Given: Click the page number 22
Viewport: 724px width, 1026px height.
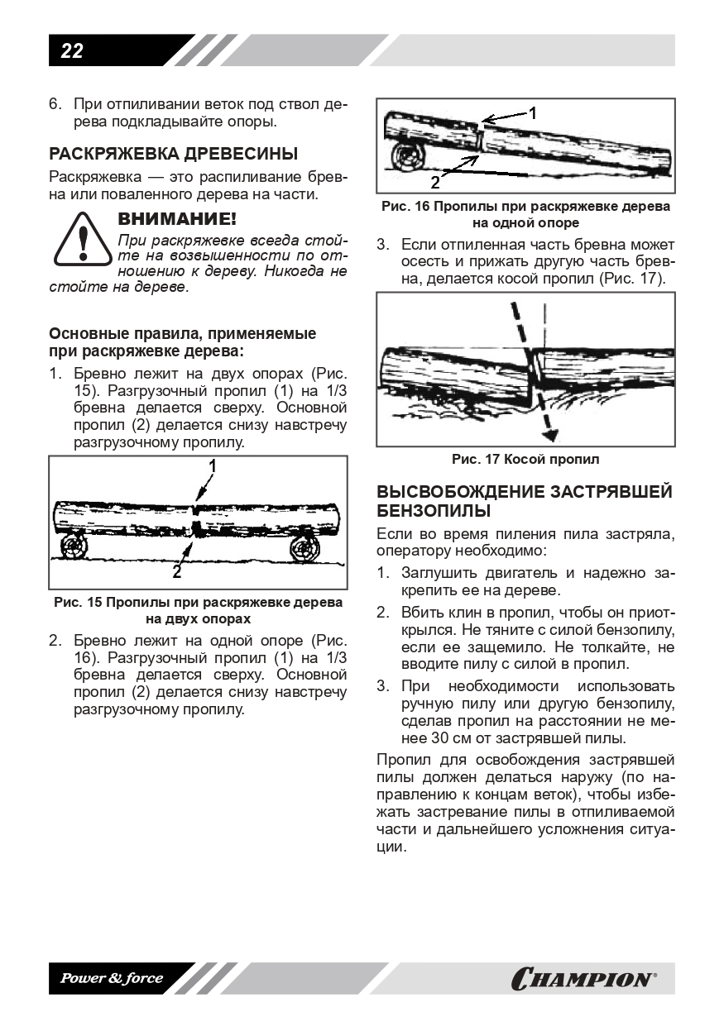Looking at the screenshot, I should click(x=72, y=51).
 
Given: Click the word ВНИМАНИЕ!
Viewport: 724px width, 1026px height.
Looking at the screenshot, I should click(x=177, y=220).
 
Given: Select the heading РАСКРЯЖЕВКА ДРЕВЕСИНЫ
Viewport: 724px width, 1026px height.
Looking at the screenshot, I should click(x=174, y=154).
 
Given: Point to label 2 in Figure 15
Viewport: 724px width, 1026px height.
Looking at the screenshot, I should click(x=177, y=570).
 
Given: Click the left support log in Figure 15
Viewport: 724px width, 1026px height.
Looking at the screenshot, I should click(x=74, y=546).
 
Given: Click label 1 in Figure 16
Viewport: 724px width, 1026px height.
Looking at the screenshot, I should click(x=533, y=113).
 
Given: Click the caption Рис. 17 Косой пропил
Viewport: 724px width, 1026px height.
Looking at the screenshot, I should click(x=525, y=459).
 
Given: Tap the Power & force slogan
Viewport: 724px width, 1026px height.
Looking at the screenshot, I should click(x=111, y=979).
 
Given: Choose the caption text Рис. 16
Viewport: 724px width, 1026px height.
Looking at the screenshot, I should click(x=405, y=207).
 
